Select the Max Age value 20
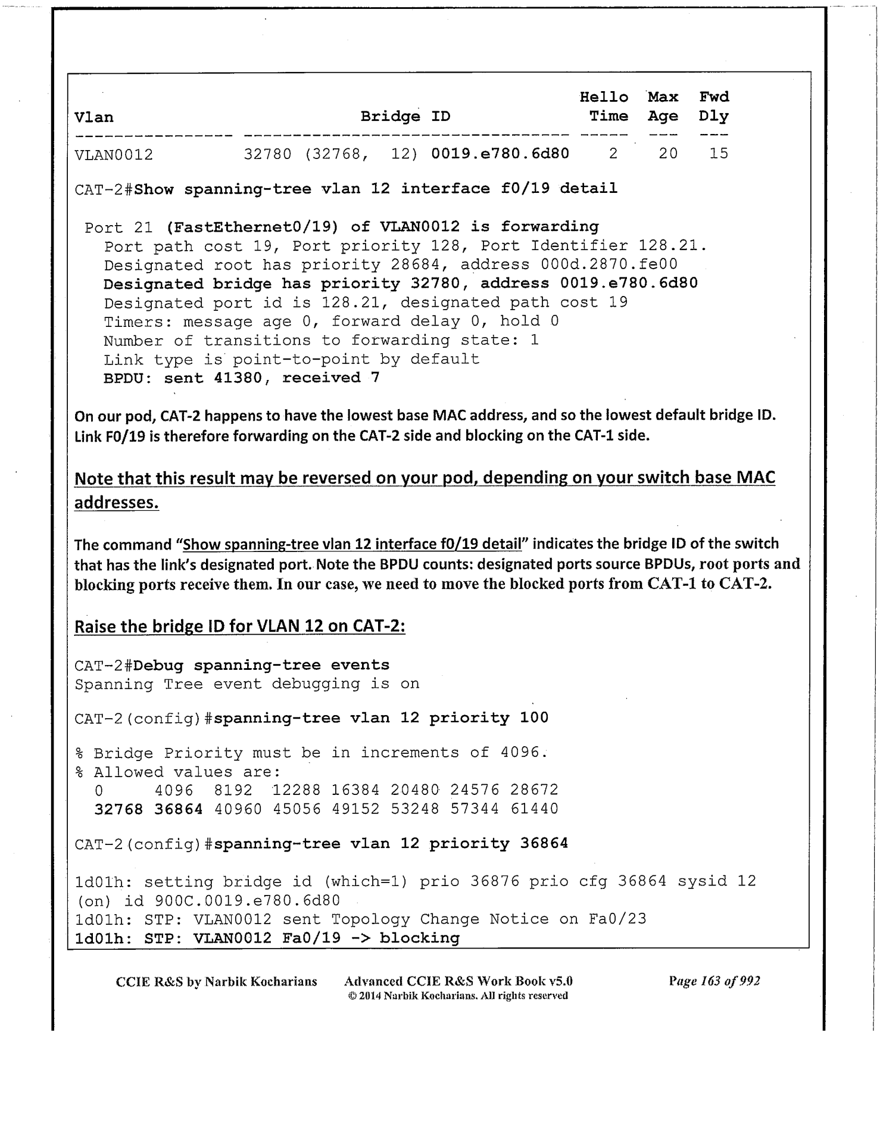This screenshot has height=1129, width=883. coord(667,154)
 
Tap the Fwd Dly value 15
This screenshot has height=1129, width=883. coord(719,154)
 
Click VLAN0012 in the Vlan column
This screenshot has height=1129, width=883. coord(114,155)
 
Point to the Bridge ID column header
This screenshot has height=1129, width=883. coord(405,117)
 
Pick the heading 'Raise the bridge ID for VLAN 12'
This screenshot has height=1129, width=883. coord(239,627)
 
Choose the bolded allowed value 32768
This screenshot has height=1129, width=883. coord(118,809)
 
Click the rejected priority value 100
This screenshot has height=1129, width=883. coord(533,718)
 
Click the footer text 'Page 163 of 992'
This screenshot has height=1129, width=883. coord(714,981)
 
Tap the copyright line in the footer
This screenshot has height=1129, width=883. coord(458,996)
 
